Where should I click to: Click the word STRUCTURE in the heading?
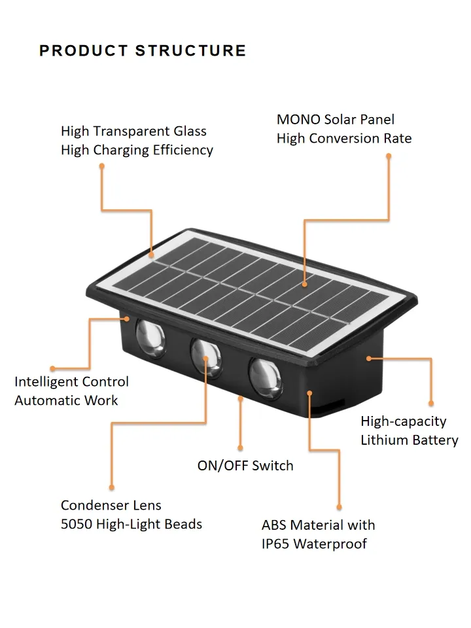pyautogui.click(x=191, y=51)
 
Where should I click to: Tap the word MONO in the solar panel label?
pyautogui.click(x=298, y=120)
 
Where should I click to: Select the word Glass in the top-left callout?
pyautogui.click(x=190, y=131)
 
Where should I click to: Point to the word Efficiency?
pyautogui.click(x=183, y=150)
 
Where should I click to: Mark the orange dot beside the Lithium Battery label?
pyautogui.click(x=430, y=404)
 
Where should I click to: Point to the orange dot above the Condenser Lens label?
pyautogui.click(x=112, y=487)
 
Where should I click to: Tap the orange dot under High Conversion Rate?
pyautogui.click(x=388, y=156)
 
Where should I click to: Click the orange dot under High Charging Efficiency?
pyautogui.click(x=102, y=166)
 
